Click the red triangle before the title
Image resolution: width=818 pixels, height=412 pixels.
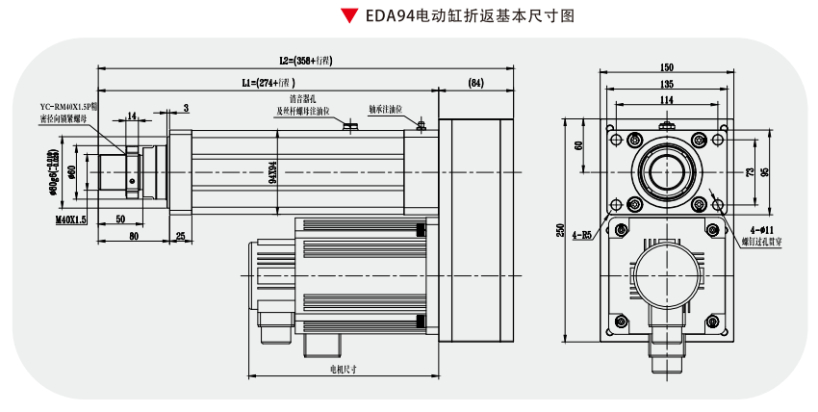[348, 16]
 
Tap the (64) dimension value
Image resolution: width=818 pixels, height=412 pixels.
[475, 83]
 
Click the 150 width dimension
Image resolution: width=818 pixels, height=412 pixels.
[666, 67]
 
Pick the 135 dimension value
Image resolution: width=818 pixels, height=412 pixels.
[666, 84]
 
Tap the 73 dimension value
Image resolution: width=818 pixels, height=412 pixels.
[750, 172]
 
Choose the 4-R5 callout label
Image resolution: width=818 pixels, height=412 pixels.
[582, 234]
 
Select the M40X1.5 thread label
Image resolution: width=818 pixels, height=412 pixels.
[70, 219]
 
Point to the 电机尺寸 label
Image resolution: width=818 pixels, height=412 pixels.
[344, 369]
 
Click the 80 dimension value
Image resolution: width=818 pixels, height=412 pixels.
[134, 236]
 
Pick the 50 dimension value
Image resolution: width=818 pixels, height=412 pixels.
[120, 219]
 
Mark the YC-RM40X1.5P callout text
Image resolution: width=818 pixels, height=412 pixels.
[64, 106]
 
